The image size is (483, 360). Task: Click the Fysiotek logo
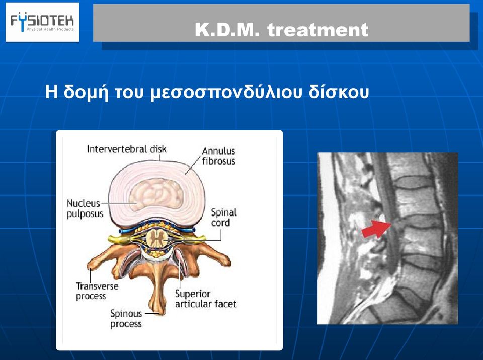42,22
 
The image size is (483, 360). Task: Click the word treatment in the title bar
317,30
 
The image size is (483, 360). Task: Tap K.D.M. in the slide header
227,30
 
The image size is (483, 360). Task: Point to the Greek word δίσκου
339,92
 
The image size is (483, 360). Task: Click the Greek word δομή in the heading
86,92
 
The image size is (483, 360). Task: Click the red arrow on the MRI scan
376,229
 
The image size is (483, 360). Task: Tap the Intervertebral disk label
127,149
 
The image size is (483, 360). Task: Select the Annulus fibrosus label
219,156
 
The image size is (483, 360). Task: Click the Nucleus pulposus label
85,208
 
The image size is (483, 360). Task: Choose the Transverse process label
97,291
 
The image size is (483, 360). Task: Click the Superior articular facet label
206,299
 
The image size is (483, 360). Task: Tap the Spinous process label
126,319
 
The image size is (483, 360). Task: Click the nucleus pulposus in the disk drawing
156,194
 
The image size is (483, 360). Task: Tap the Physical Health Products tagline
50,29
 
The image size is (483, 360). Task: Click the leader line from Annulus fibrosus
193,165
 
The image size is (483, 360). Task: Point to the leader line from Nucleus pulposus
119,204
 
